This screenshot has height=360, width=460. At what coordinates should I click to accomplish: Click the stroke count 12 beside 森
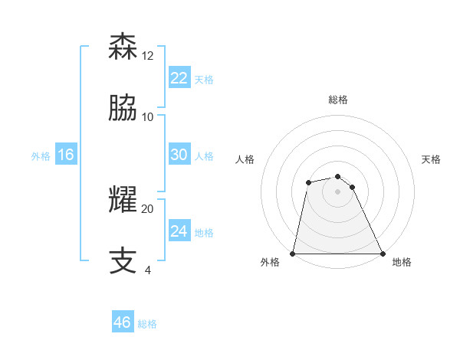(x=148, y=55)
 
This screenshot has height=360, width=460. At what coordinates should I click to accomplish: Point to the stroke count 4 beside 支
(x=148, y=270)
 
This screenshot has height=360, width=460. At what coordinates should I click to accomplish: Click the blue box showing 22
(x=179, y=77)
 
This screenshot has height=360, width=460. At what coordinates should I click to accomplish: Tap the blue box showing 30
(x=179, y=155)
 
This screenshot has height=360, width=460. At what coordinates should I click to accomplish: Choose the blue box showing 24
(x=179, y=231)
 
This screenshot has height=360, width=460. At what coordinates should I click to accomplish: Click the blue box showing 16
(x=65, y=155)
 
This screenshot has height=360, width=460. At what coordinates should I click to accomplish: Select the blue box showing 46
(x=122, y=322)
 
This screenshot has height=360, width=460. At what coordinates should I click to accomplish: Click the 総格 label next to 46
(x=147, y=324)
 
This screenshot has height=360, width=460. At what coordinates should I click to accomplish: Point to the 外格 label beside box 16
(x=41, y=156)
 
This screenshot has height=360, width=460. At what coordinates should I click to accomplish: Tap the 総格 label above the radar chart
(x=338, y=100)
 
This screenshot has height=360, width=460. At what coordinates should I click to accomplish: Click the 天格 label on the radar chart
(x=432, y=159)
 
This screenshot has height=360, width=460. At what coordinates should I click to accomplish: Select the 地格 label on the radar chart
(x=402, y=262)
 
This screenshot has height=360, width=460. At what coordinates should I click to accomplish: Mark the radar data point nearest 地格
(x=383, y=253)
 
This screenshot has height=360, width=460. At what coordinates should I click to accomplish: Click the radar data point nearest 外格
(x=293, y=253)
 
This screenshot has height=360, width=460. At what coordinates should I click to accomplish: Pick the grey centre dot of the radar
(x=338, y=191)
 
